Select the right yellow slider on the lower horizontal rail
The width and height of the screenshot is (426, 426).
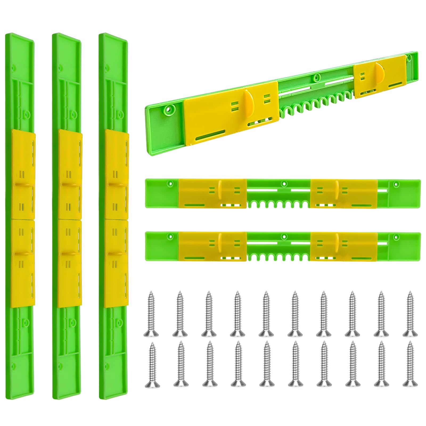click(x=343, y=246)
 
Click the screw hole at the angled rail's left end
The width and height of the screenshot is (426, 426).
click(x=168, y=109)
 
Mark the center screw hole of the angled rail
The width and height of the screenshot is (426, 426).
click(x=316, y=78)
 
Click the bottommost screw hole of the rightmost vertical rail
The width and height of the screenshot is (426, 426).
click(x=107, y=364)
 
